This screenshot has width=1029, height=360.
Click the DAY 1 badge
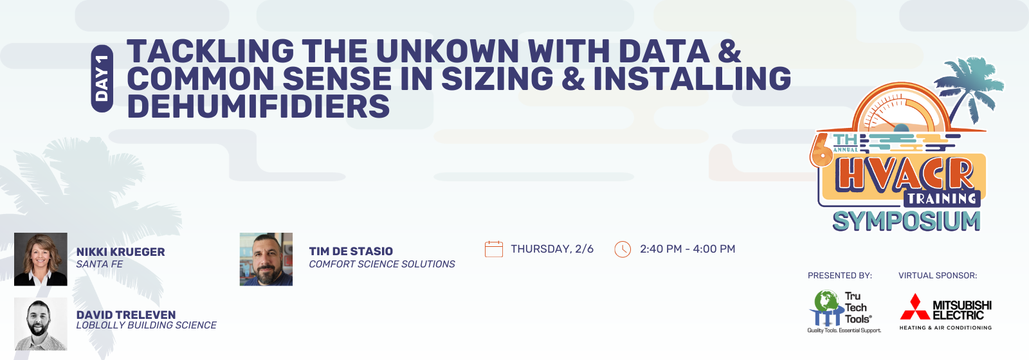click(x=102, y=78)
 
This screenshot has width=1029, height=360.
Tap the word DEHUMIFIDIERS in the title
click(x=258, y=106)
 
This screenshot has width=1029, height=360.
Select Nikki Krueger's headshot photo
click(x=41, y=260)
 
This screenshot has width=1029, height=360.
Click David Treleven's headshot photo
click(x=41, y=324)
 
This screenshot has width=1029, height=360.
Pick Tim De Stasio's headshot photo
click(x=266, y=260)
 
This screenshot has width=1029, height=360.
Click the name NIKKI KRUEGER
click(x=120, y=251)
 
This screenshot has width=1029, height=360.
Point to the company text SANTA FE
click(x=100, y=264)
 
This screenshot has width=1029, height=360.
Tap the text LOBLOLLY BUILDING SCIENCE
click(x=146, y=325)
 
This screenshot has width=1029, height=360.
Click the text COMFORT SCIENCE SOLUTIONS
click(x=382, y=264)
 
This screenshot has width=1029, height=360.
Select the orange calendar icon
click(x=494, y=249)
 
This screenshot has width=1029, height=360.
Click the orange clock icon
click(x=623, y=249)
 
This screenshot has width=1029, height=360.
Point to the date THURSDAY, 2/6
click(x=552, y=249)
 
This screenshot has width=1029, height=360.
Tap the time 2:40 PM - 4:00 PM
click(x=688, y=249)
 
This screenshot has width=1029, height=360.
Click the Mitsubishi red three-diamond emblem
click(x=915, y=307)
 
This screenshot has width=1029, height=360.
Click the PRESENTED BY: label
click(x=840, y=276)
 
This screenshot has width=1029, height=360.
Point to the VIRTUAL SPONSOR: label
click(x=938, y=276)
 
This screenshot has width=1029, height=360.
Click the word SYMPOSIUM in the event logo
click(x=906, y=221)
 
